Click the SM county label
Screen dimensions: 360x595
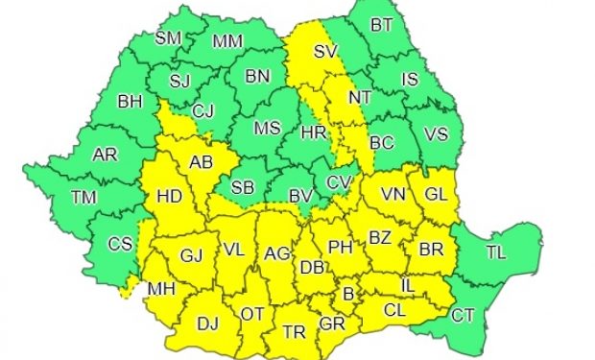point(168,39)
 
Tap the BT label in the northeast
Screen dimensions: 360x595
point(383,24)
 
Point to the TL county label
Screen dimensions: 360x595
point(495,252)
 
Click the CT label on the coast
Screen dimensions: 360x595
point(463,313)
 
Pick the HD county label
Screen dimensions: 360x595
point(169,197)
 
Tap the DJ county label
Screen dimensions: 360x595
point(206,324)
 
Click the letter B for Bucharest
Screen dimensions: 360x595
point(348,292)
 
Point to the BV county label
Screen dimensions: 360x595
point(301,197)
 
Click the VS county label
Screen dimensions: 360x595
point(436,134)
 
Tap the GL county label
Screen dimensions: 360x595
point(436,194)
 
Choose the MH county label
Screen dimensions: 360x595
point(161,287)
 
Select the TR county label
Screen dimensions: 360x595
point(294,332)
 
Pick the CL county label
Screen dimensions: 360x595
point(394,310)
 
